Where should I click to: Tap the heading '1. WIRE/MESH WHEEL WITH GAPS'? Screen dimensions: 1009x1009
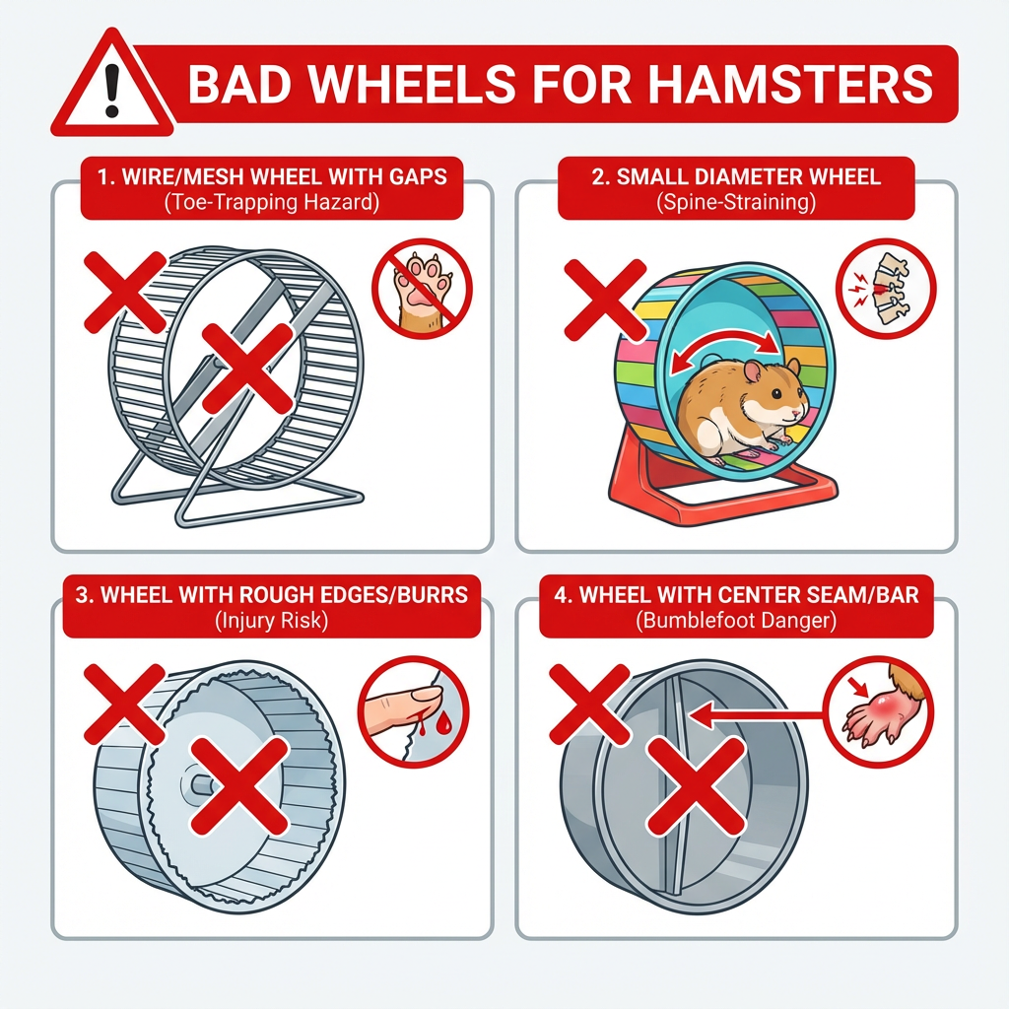click(x=271, y=177)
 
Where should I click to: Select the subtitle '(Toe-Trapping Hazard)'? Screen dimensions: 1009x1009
click(x=271, y=204)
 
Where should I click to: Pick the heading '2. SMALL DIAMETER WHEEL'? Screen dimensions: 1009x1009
click(x=736, y=177)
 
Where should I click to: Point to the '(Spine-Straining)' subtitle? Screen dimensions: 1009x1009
click(x=736, y=204)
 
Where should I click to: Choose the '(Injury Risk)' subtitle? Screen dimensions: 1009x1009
click(x=271, y=622)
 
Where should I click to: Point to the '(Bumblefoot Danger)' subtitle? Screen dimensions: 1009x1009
click(x=736, y=622)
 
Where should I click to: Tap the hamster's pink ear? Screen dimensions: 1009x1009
click(x=752, y=370)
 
